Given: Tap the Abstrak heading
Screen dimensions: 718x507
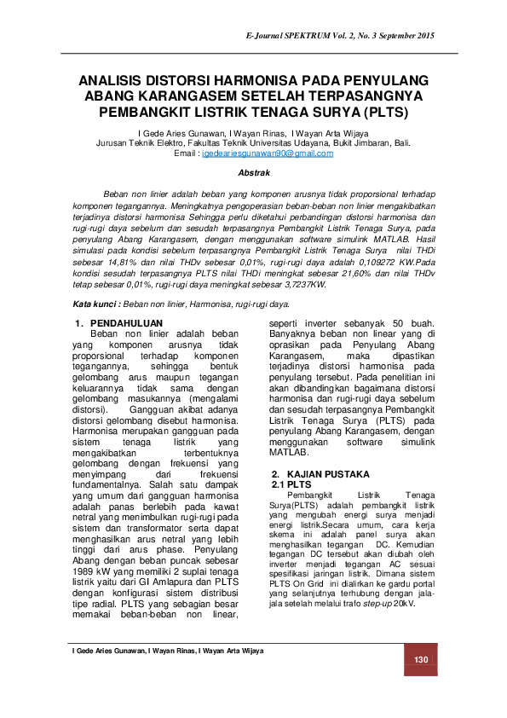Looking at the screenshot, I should (x=253, y=172).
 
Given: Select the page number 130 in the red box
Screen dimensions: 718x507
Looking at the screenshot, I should (x=420, y=661).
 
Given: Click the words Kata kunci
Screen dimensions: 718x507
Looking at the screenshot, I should (x=95, y=304).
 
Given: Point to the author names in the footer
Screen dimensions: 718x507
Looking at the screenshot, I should (x=168, y=651).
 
